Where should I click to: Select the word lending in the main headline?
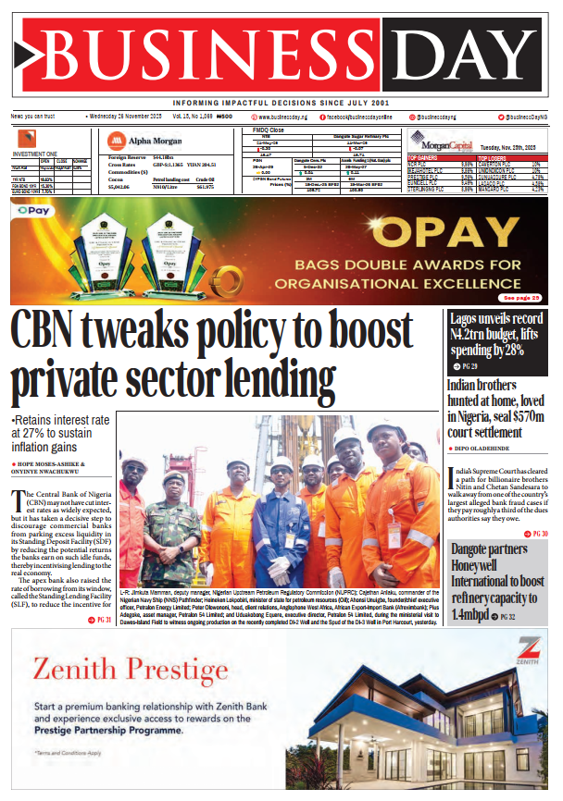[270, 379]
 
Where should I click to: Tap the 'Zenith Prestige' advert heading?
[130, 668]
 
